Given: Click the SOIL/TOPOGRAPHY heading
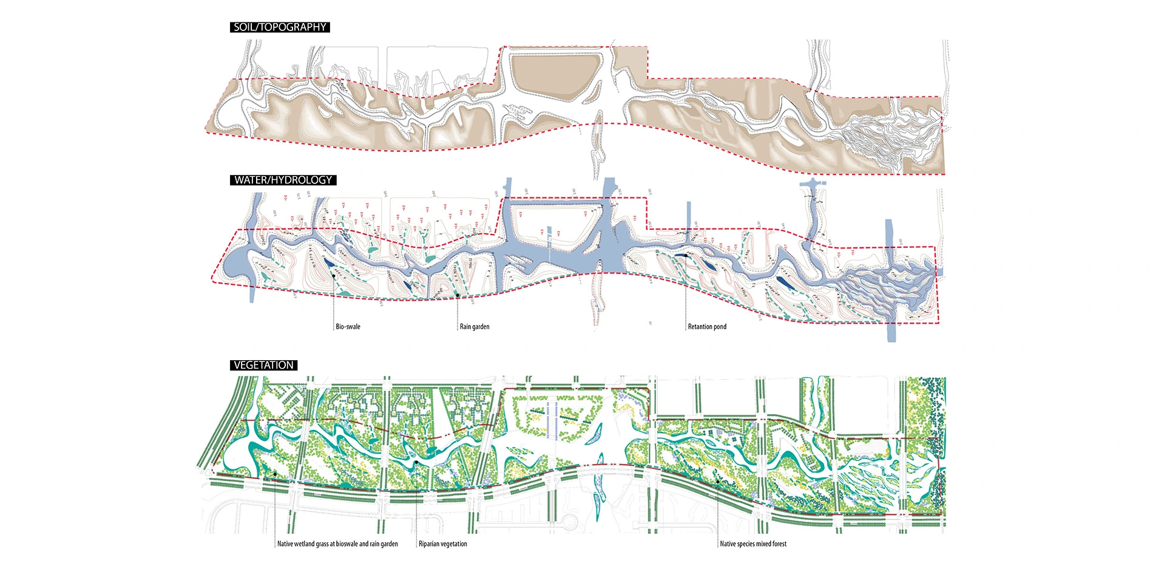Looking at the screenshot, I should [x=280, y=27].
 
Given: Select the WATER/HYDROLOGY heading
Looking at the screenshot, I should [x=283, y=180].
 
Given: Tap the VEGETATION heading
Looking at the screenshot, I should [x=263, y=365].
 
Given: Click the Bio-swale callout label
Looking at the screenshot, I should [x=348, y=327].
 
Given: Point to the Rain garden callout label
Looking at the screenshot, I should [x=475, y=327].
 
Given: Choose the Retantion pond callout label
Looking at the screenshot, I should [x=707, y=327].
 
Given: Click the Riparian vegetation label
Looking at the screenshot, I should [x=443, y=544].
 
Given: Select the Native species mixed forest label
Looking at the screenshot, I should [x=753, y=544].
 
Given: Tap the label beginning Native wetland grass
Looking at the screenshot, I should [x=337, y=544].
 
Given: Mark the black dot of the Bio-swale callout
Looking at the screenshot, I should [x=334, y=276].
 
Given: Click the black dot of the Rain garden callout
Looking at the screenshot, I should [x=458, y=295].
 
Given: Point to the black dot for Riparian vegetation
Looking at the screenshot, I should [x=416, y=463].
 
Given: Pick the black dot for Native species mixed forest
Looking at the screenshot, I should [x=717, y=482].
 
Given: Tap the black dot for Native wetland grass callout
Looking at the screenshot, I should [x=275, y=474].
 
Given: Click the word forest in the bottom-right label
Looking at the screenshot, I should [x=778, y=544].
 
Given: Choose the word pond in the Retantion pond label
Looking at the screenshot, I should [x=720, y=327].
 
